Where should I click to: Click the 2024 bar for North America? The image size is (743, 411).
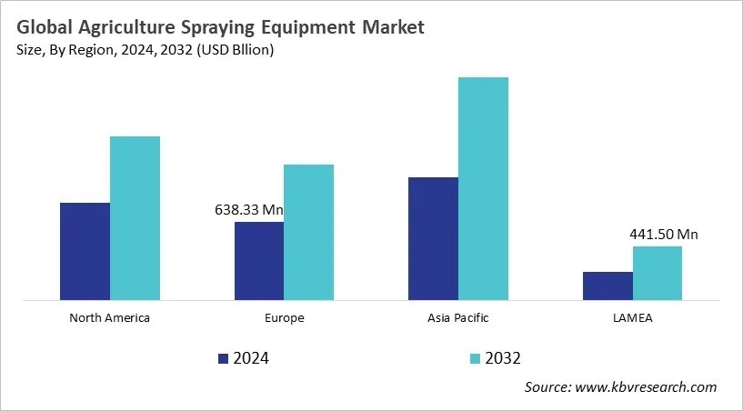(85, 251)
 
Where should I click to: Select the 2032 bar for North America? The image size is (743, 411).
(135, 218)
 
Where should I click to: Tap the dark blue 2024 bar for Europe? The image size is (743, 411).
(259, 261)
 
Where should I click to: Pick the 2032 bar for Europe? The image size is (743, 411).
(309, 232)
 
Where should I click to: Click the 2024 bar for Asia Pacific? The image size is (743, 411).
(433, 238)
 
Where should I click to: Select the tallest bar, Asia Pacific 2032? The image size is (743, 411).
(483, 188)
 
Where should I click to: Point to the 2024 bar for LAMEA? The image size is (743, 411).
(607, 286)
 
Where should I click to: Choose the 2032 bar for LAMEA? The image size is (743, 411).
(658, 273)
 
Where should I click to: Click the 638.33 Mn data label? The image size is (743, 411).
(248, 210)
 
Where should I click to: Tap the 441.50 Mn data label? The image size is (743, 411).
(664, 235)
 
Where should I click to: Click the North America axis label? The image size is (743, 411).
(109, 318)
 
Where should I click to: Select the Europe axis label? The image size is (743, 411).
(285, 318)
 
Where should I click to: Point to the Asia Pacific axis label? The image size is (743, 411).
(458, 318)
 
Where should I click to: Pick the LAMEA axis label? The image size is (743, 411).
(633, 318)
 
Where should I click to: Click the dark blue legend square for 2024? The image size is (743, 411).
(224, 358)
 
